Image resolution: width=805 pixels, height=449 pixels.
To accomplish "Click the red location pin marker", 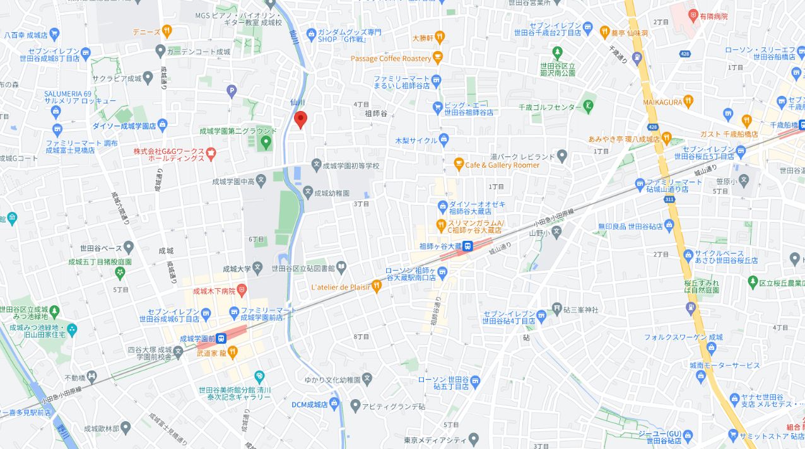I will (x=301, y=119).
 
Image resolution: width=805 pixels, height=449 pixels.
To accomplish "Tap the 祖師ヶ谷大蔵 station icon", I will (x=468, y=247).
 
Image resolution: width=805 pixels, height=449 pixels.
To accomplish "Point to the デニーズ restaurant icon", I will (x=167, y=31).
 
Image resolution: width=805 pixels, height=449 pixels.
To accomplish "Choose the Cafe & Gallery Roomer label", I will (x=502, y=165).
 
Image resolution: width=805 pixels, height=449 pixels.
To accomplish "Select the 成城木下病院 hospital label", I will (x=213, y=291).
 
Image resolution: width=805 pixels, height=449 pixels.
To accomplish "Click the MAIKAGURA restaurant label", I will (x=662, y=102).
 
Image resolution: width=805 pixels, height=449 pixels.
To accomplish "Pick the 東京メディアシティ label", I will (x=435, y=440).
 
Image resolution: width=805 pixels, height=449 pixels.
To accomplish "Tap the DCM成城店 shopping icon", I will (x=334, y=404).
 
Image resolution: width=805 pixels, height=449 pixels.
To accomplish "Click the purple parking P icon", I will (x=232, y=92).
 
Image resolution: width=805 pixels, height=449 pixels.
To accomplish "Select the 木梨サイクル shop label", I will (x=416, y=140).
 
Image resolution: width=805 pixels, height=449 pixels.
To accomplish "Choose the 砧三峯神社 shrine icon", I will (x=557, y=308).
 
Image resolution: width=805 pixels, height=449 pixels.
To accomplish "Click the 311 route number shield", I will (x=669, y=199).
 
